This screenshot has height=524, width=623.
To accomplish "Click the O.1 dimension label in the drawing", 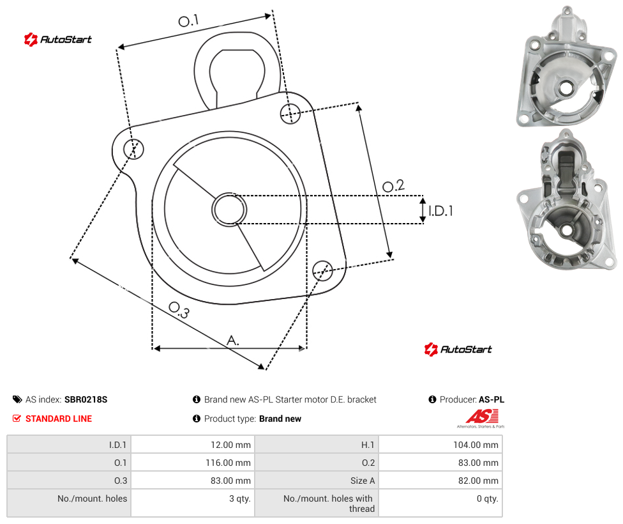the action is coord(188,20).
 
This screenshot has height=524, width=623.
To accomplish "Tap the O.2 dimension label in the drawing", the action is coord(393,186).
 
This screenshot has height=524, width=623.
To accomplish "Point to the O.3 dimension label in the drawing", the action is coord(179,310).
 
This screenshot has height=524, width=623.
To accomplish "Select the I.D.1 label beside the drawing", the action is coord(440,211).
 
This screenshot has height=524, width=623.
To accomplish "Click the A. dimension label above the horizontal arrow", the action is coord(233,340).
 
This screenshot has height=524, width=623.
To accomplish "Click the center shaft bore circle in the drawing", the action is coord(229,210).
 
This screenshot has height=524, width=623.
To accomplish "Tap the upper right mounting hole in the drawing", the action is coord(290,113).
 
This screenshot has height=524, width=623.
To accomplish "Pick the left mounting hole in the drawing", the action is coord(133,149).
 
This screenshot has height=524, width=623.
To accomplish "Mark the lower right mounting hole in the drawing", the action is coord(322,270).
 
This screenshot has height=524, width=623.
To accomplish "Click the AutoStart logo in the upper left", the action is coord(58,40).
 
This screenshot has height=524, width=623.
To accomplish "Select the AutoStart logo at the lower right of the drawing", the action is coord(458,350).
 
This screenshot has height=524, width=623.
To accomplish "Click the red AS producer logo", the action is coord(481,418).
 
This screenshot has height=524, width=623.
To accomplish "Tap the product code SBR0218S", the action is coord(86,399).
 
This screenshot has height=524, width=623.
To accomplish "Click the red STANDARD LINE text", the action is coord(59,419).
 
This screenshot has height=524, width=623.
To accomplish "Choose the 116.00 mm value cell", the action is coord(193,462).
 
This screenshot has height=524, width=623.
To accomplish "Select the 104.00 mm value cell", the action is coord(440,444).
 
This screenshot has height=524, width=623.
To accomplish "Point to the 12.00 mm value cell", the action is coord(193,444).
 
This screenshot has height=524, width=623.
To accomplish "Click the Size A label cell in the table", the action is coord(317,481).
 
